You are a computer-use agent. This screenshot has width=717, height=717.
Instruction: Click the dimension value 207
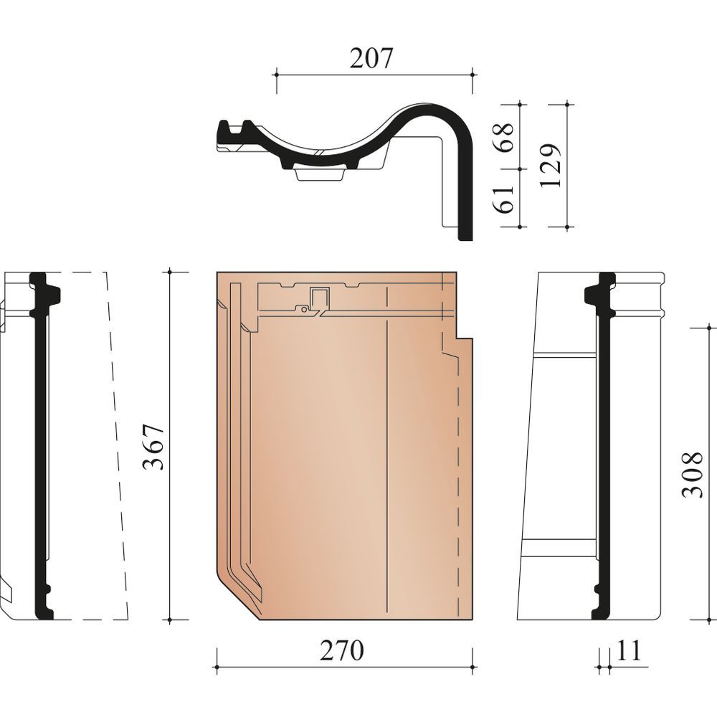pos(371,58)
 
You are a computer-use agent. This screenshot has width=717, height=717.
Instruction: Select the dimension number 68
pos(504,138)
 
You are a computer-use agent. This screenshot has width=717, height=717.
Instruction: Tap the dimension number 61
pos(504,199)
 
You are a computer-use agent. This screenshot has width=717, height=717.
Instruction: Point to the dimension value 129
pos(551,166)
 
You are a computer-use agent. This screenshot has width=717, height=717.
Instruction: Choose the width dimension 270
pos(341,650)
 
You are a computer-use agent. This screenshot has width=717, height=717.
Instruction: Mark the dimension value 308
pos(691,475)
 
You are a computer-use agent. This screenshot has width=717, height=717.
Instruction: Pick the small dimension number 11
pos(630,650)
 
